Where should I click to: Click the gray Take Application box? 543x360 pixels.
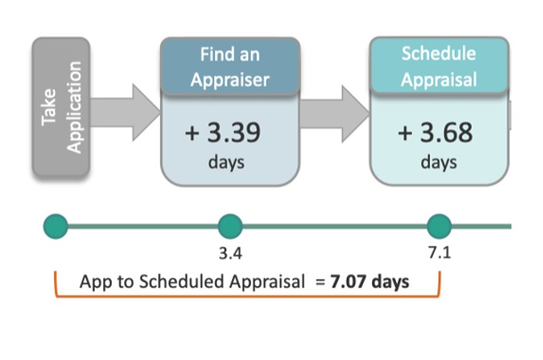coord(62,106)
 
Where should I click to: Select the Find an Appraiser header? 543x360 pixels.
coord(230,66)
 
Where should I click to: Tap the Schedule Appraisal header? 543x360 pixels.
coord(439,66)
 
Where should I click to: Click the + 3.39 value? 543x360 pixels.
coord(223,133)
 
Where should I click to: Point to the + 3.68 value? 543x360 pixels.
coord(435,133)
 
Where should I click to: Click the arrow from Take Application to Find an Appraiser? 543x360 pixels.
coord(126,113)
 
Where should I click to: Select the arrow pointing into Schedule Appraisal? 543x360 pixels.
coord(335,113)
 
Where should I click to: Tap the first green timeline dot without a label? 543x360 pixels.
coord(55,227)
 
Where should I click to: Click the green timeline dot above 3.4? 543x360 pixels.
coord(230,227)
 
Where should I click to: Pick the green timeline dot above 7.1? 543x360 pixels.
coord(439,227)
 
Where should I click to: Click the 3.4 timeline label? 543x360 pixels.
coord(230,254)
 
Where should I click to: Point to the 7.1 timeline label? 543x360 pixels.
coord(440,253)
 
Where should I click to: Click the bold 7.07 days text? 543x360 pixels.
coord(370,281)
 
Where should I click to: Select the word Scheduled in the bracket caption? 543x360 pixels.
coord(182,281)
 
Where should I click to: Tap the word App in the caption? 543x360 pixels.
coord(92,282)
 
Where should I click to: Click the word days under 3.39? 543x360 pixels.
coord(226,163)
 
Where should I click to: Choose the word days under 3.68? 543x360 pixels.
coord(439,163)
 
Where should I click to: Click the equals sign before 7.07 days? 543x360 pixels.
coord(320,282)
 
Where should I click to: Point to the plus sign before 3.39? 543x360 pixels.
coord(192,133)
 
